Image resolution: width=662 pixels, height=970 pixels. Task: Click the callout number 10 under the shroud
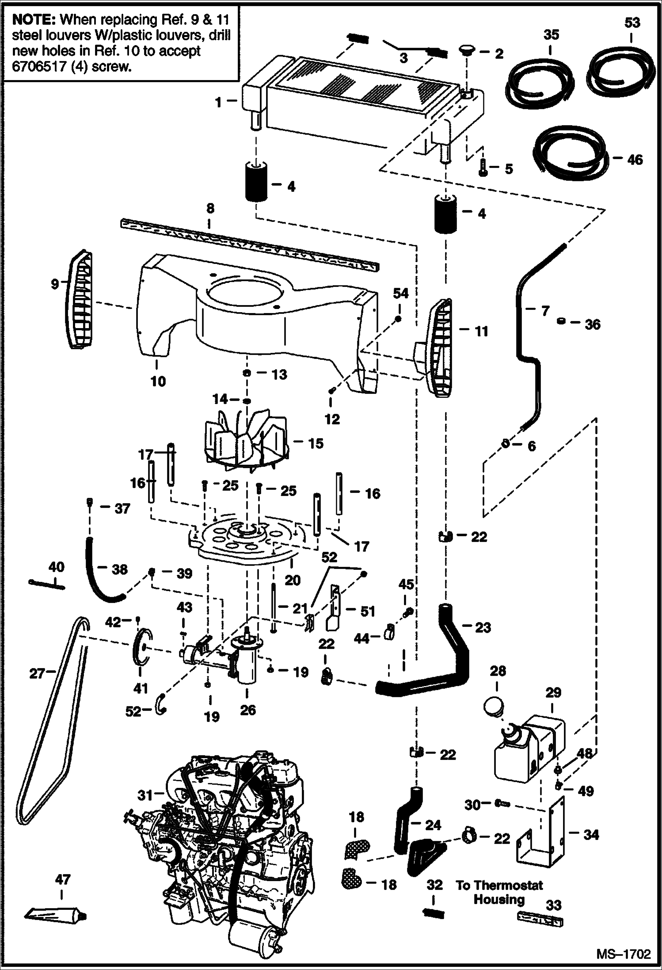click(158, 381)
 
